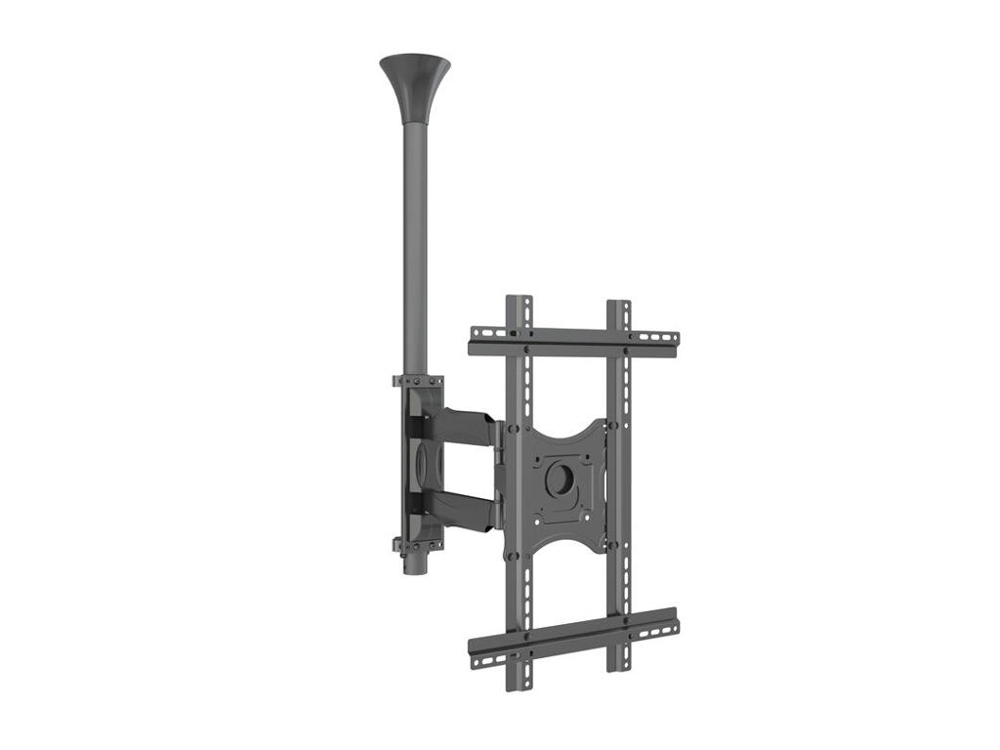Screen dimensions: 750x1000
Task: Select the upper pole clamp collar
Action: click(x=417, y=381)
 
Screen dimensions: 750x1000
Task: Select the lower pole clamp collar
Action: click(x=417, y=545)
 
